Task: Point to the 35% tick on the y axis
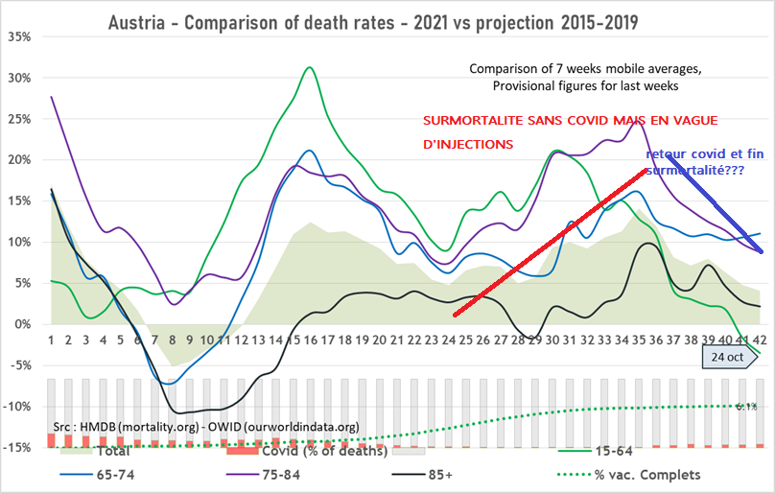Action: tap(18, 36)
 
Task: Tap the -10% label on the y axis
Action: tap(18, 406)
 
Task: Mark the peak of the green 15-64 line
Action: tap(309, 67)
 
